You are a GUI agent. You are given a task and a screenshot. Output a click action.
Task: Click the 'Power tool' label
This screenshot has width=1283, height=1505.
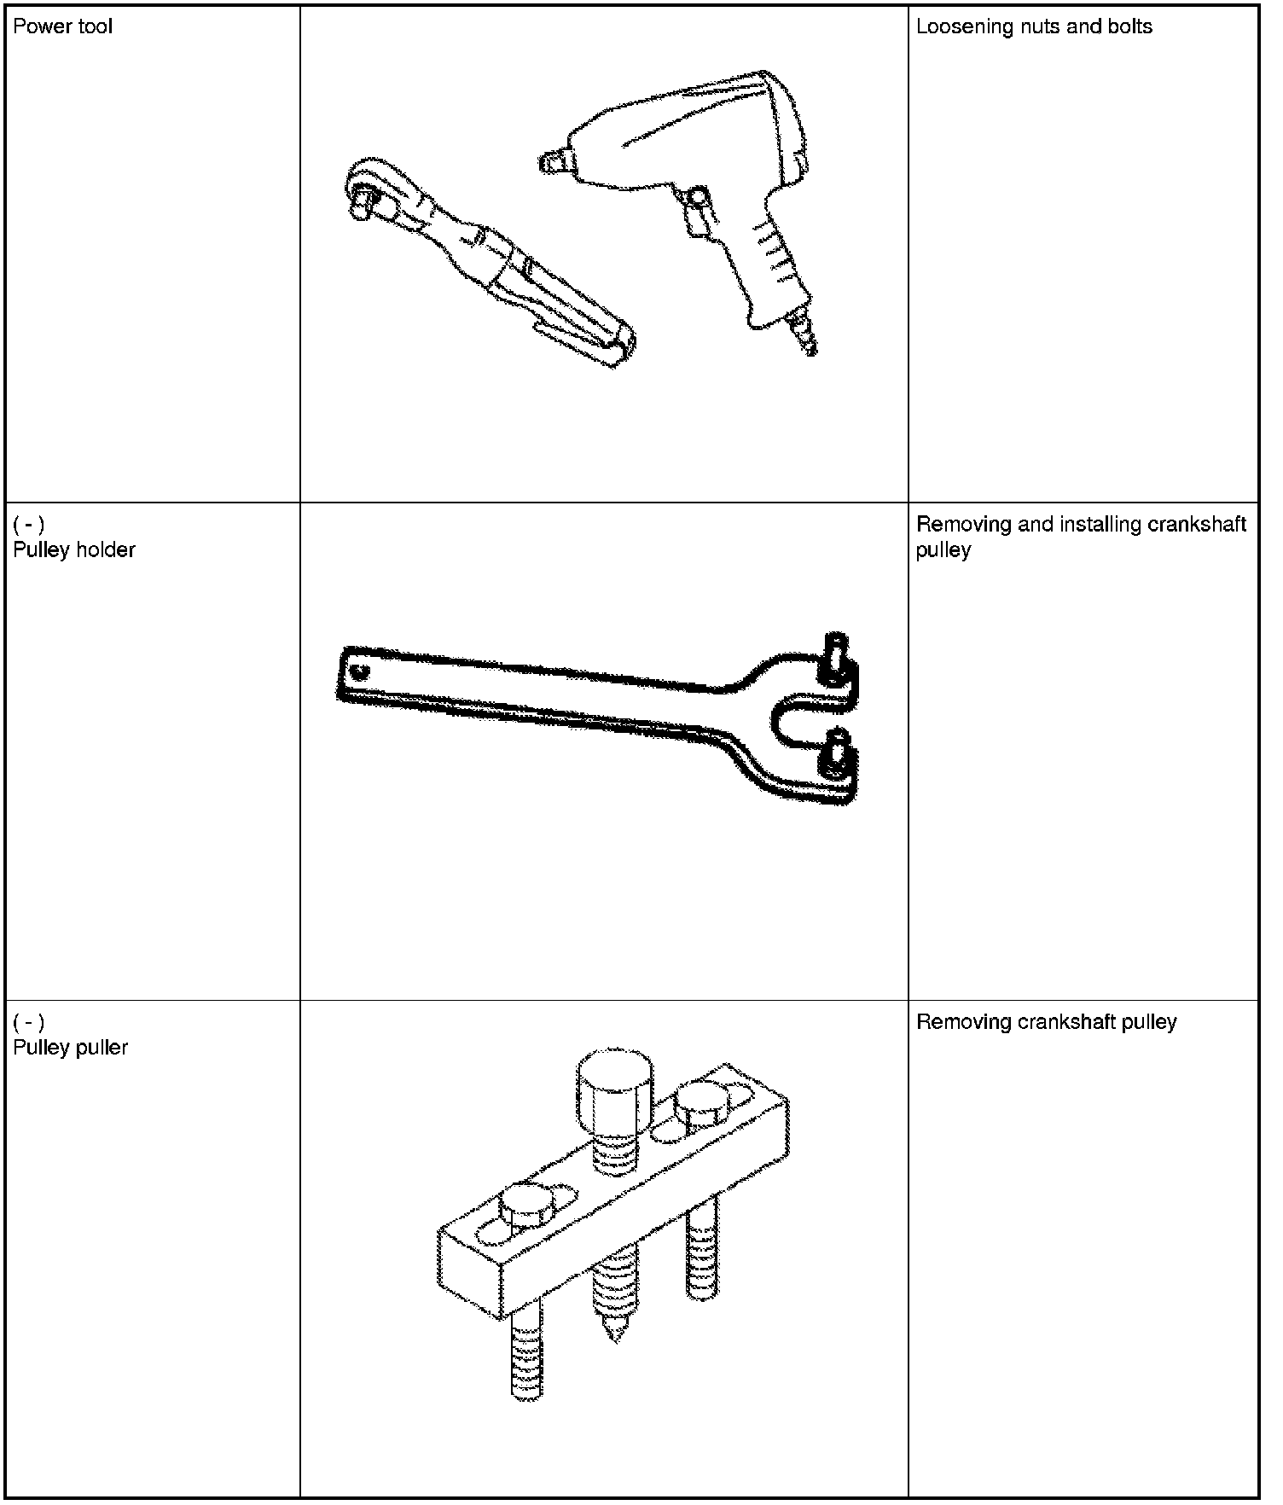(62, 26)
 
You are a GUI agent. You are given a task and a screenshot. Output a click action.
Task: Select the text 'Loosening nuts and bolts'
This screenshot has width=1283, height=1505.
(1034, 26)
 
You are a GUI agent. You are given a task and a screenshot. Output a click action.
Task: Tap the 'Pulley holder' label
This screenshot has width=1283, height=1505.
(74, 549)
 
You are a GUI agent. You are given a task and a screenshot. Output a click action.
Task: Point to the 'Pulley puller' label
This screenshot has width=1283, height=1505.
(70, 1047)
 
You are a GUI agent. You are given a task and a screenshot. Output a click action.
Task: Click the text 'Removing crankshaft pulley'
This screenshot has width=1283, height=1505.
(1047, 1021)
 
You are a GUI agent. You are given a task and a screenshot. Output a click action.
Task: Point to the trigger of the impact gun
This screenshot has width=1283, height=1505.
(697, 209)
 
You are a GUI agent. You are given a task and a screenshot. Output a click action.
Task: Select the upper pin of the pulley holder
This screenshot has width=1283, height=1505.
(834, 659)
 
